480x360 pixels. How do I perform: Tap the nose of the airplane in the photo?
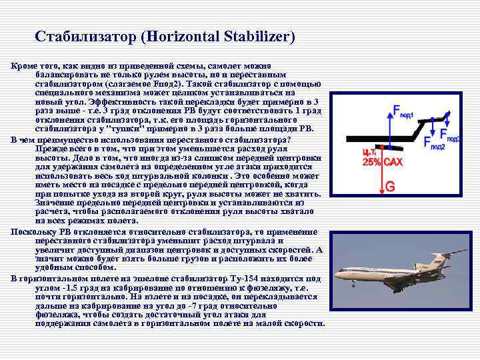[337, 273]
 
